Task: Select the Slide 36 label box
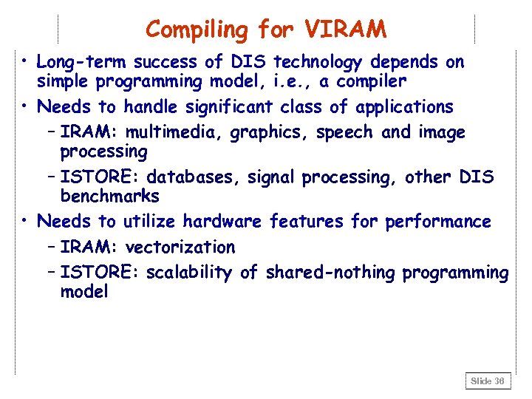[x=488, y=381]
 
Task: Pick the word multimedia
[x=175, y=133]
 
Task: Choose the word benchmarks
[x=109, y=196]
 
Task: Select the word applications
[x=404, y=107]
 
